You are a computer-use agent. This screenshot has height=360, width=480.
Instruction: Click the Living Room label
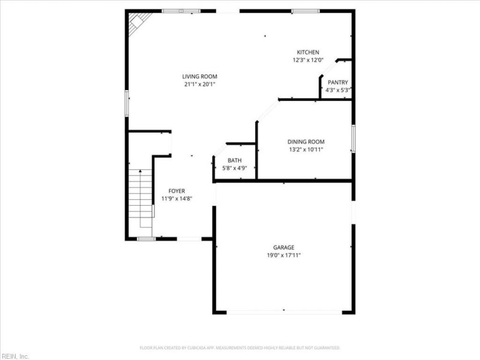[199, 76]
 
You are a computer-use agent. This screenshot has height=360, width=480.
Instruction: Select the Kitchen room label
[308, 52]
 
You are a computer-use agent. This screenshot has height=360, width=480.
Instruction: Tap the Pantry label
[337, 82]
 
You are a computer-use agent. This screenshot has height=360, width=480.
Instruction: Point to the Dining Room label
[305, 142]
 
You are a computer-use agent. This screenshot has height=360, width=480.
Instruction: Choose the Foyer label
[176, 191]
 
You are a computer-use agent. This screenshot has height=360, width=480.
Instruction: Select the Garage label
[284, 247]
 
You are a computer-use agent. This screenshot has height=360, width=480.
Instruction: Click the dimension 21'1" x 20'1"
[199, 84]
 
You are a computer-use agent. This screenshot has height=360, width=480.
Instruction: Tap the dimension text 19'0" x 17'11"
[284, 255]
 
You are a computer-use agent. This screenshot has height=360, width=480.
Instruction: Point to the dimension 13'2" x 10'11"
[305, 149]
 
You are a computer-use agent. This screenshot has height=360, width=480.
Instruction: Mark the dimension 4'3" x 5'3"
[337, 90]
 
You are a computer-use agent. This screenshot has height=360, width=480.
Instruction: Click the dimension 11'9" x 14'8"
[176, 199]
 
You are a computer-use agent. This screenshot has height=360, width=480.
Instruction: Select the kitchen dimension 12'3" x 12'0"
[308, 60]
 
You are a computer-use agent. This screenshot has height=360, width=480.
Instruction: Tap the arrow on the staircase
[141, 174]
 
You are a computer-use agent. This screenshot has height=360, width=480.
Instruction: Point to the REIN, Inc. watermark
[14, 356]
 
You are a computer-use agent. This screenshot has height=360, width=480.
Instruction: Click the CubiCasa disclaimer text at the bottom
[240, 348]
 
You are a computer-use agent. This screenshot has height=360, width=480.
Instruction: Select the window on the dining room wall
[353, 139]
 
